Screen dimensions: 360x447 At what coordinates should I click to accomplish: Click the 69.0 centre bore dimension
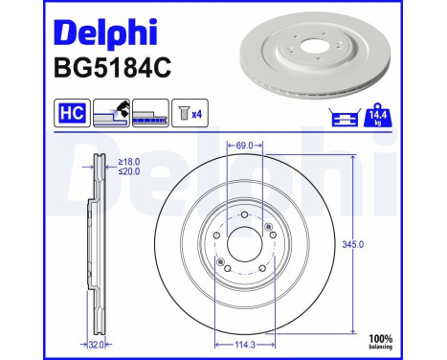[244, 146]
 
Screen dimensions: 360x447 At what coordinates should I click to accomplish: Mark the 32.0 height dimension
[96, 341]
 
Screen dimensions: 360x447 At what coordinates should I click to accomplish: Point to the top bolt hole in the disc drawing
[244, 215]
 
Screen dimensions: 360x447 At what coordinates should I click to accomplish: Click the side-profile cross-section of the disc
[96, 244]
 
